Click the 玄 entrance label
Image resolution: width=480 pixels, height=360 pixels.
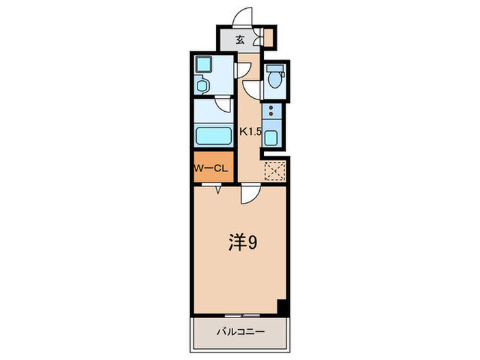241,38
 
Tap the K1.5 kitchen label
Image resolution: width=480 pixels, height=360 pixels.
250,132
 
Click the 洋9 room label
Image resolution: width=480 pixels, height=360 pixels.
242,243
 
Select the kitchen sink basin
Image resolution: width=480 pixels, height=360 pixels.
272,137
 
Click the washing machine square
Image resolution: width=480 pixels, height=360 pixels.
204,66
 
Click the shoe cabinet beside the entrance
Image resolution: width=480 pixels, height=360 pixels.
268,37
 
